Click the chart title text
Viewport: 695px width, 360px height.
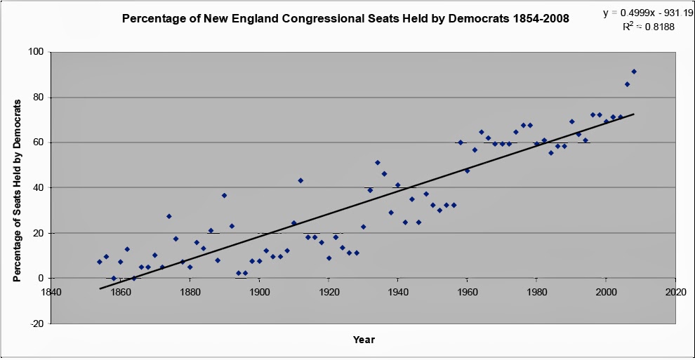(x=345, y=18)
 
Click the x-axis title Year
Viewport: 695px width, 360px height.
(x=364, y=340)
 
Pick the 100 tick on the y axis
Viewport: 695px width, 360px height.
(x=35, y=52)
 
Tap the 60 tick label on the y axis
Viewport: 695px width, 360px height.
(x=37, y=142)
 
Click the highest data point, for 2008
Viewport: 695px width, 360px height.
(x=634, y=72)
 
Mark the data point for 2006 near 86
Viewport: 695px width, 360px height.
(x=627, y=84)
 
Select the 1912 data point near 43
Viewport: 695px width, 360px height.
(x=300, y=180)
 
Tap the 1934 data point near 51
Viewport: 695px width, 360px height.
(x=377, y=163)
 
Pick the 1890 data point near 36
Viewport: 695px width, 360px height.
(x=224, y=195)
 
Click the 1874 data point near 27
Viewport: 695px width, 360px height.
(x=168, y=216)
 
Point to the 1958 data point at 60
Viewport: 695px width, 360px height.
(x=461, y=142)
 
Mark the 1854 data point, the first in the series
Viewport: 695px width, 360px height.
(x=99, y=262)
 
